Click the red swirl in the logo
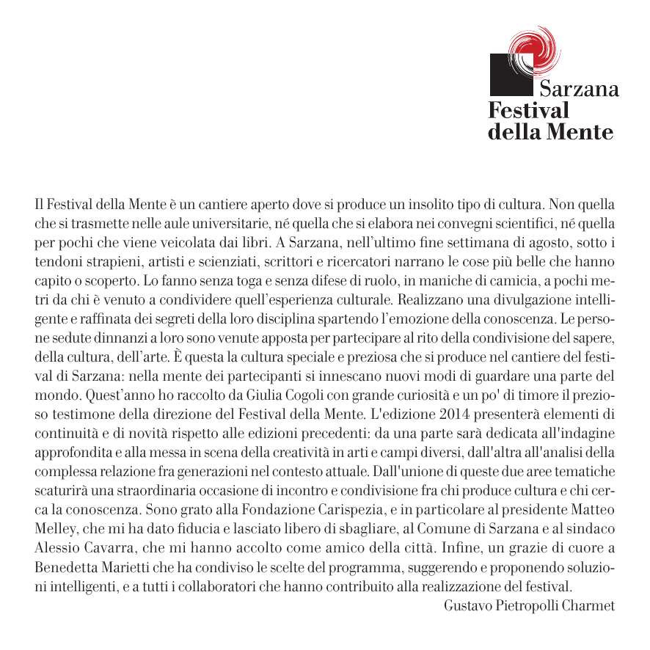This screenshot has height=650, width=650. point(533,45)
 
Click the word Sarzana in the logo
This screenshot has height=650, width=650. point(579,90)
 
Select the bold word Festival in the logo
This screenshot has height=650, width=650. point(528,111)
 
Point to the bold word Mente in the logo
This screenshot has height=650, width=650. point(583,133)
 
